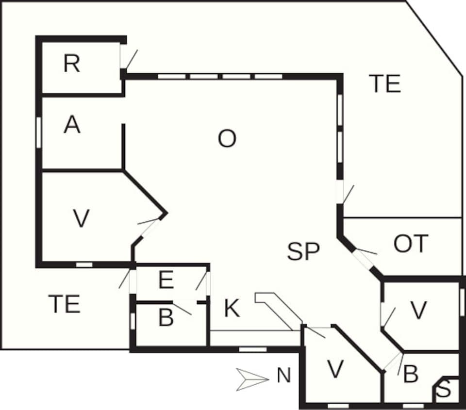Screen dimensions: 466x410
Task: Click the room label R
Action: click(71, 64)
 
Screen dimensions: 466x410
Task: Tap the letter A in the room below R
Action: click(72, 125)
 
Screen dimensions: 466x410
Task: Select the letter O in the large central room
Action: click(227, 139)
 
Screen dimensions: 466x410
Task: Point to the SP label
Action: click(303, 251)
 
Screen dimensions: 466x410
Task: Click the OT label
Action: click(411, 244)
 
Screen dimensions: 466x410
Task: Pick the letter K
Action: click(232, 309)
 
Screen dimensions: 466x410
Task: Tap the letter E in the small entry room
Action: click(166, 281)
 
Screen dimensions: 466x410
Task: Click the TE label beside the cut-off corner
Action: click(384, 83)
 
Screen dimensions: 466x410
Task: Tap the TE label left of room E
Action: click(64, 304)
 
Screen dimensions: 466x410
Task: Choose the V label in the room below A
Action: click(81, 218)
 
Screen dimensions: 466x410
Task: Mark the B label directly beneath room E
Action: click(166, 318)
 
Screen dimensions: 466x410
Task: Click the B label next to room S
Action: click(411, 375)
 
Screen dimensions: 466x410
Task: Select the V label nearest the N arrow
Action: click(335, 370)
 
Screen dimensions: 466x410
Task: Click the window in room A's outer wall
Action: click(38, 131)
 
